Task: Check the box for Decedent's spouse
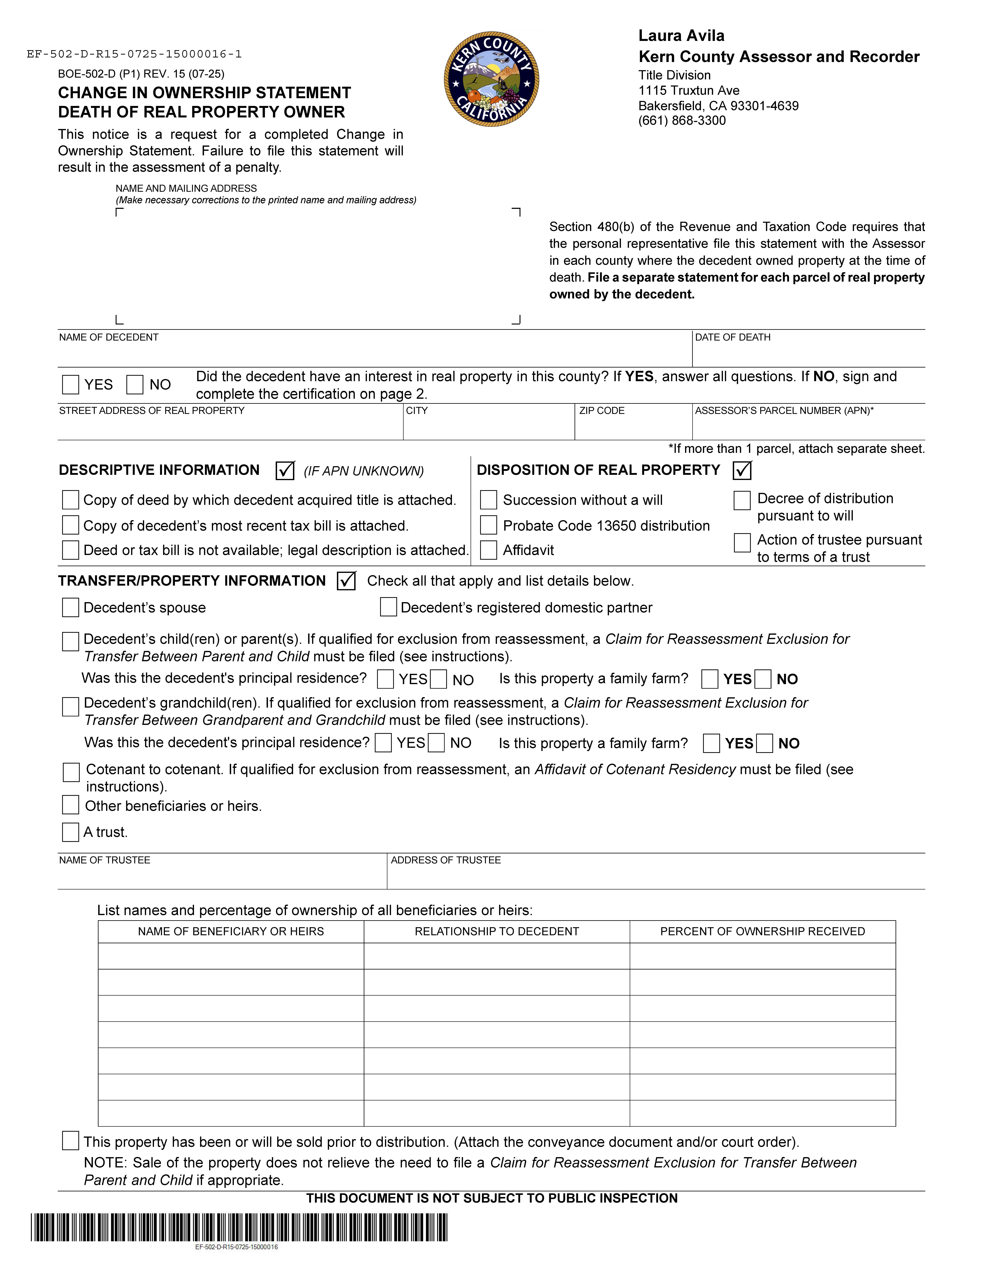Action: pyautogui.click(x=70, y=607)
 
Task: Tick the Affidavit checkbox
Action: pyautogui.click(x=489, y=550)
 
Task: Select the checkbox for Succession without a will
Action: pyautogui.click(x=489, y=500)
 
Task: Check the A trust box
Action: pyautogui.click(x=70, y=832)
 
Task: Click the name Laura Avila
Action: pyautogui.click(x=681, y=36)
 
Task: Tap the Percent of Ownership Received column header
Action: pyautogui.click(x=762, y=931)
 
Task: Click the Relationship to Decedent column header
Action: pyautogui.click(x=497, y=931)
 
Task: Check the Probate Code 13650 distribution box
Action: pyautogui.click(x=489, y=525)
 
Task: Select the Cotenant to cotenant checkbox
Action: pyautogui.click(x=71, y=772)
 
